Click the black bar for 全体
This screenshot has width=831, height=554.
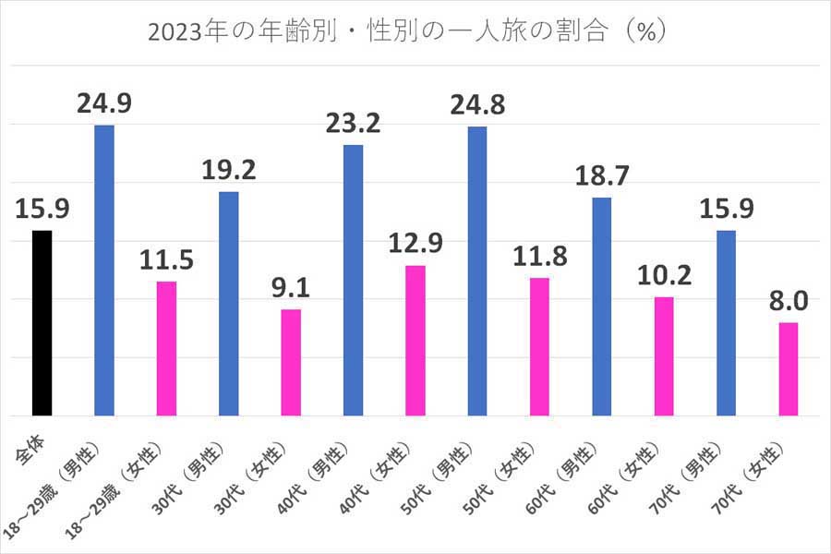(42, 323)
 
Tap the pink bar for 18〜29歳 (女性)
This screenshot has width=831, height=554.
(166, 348)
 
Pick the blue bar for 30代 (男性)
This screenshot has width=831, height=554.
(228, 304)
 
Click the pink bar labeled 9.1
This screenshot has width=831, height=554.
(291, 362)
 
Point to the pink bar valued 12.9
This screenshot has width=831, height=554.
(415, 341)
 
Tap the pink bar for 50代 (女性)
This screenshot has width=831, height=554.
(540, 346)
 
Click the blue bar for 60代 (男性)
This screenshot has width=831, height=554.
(602, 307)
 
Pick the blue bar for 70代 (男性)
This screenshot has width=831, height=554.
(726, 323)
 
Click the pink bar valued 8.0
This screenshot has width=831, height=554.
(788, 368)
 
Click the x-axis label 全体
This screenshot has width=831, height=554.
(33, 439)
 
